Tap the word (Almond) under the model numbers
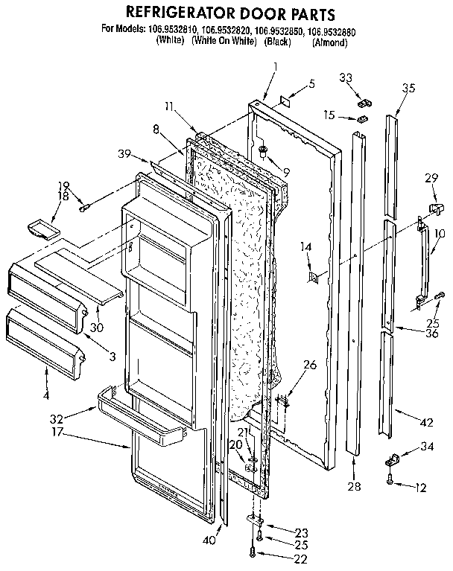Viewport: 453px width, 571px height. pos(330,42)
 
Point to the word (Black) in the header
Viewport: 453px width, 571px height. pos(277,42)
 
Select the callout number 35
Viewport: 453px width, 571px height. pos(408,88)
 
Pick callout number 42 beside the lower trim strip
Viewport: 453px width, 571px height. pos(426,422)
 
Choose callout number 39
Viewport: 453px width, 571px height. pos(124,153)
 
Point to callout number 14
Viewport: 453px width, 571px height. pos(305,246)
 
